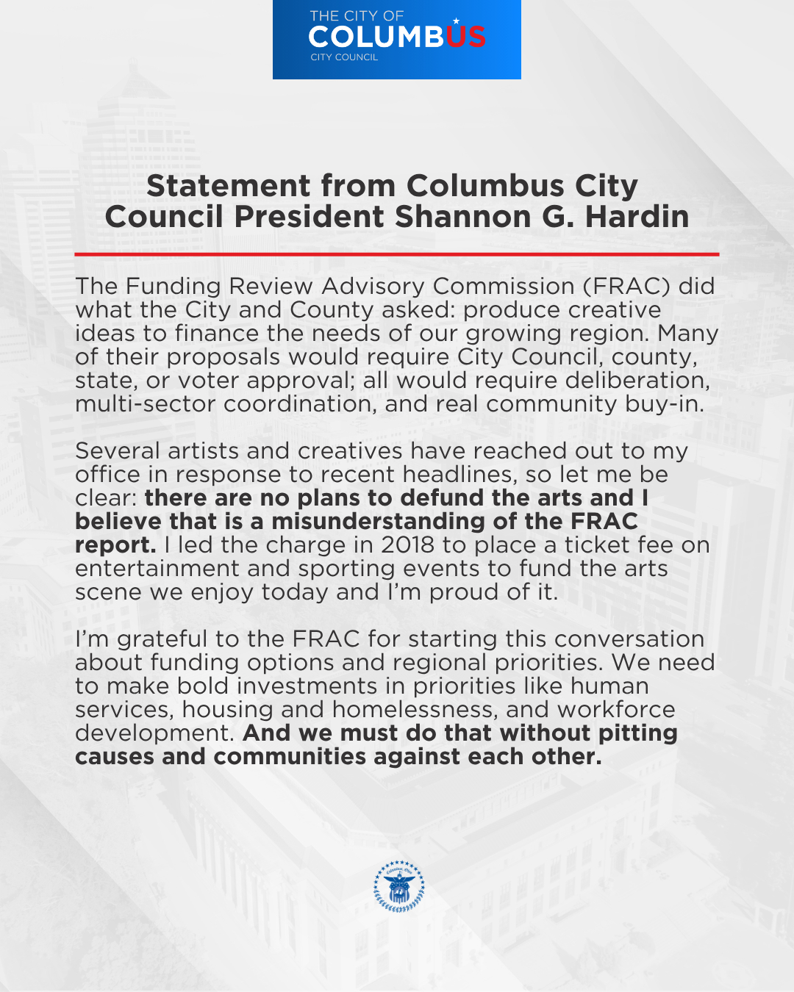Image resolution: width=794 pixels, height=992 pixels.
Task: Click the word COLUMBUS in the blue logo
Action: [396, 37]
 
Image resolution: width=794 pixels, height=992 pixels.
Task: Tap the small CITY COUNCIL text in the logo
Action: [344, 57]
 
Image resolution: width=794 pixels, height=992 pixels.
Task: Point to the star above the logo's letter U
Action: [456, 21]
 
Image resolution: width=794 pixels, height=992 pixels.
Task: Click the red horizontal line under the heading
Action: [396, 254]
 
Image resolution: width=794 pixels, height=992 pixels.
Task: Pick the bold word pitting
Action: [637, 733]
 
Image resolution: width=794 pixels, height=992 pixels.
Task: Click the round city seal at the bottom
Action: [399, 886]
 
